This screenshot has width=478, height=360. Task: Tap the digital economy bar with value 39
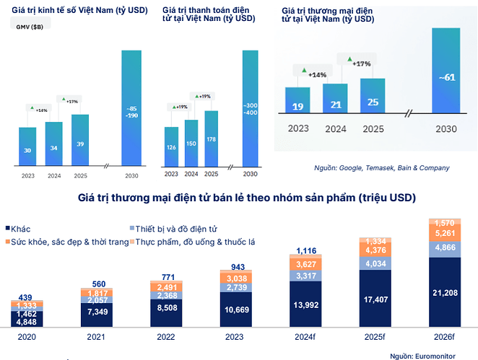point(80,141)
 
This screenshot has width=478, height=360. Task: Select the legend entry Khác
point(22,229)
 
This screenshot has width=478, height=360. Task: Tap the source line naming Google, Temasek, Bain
point(381,167)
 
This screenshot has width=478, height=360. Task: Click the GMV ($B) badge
point(30,27)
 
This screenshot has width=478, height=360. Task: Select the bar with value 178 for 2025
point(211,139)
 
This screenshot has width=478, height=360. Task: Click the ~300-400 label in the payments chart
point(250,110)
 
